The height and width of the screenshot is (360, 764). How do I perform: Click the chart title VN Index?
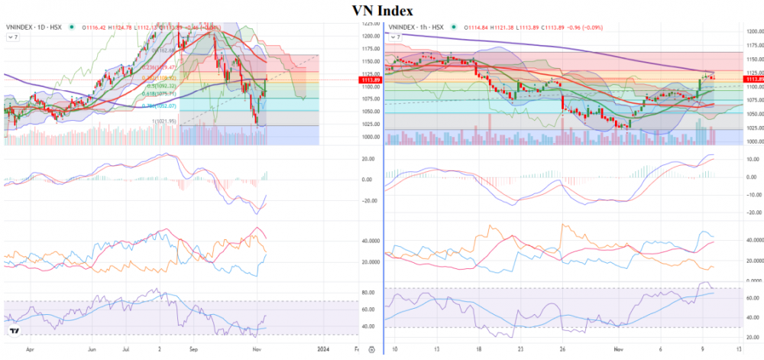click(382, 11)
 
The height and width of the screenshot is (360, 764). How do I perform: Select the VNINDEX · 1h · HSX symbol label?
click(416, 27)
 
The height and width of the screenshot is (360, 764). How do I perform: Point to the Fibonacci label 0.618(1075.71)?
click(160, 94)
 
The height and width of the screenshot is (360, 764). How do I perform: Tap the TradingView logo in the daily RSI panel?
click(14, 332)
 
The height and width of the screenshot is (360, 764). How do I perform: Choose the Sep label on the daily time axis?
click(193, 348)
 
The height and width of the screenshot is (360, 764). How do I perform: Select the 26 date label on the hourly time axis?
click(562, 348)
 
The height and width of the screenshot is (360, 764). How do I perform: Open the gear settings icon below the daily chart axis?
click(371, 349)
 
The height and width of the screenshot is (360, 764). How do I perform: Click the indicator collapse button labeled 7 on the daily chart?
click(13, 36)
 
